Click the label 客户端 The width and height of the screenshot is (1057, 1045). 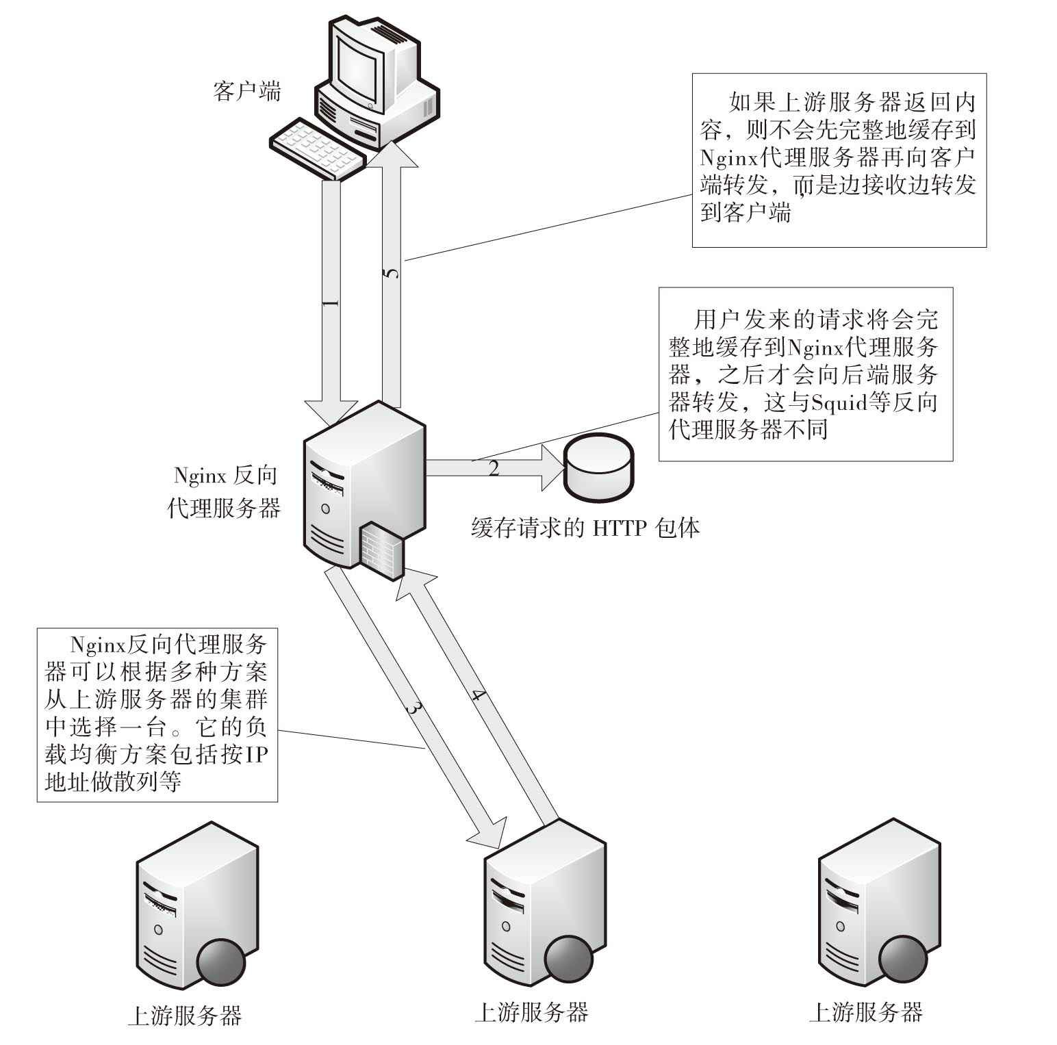[246, 92]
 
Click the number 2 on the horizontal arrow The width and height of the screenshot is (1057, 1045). [494, 469]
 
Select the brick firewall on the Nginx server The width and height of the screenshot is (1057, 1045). [381, 548]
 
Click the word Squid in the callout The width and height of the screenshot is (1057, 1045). [834, 402]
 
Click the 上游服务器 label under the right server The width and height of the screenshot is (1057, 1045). [865, 1011]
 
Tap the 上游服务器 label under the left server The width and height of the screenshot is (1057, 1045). [185, 1016]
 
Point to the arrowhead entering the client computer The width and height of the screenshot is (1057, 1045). [392, 155]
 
